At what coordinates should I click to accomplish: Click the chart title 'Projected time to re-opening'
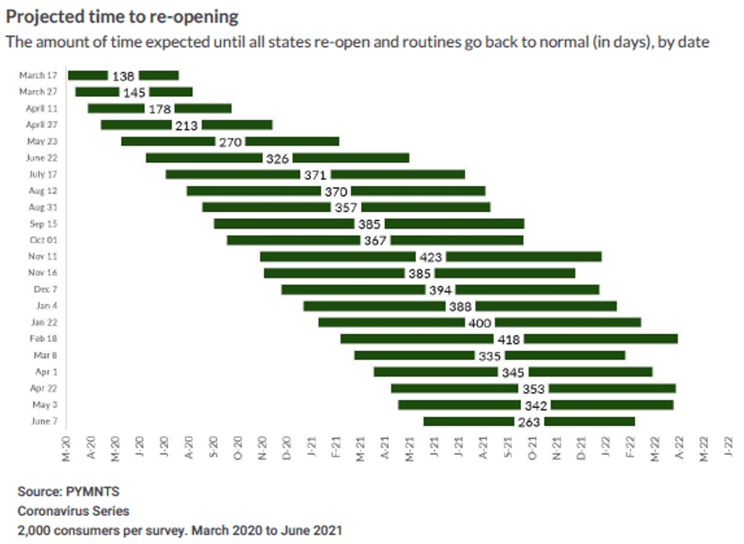[122, 16]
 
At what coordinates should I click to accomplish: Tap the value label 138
[123, 76]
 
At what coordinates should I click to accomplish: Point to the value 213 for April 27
[186, 125]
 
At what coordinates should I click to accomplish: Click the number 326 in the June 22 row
[277, 158]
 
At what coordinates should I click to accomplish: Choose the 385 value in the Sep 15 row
[369, 224]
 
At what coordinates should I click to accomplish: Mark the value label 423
[431, 257]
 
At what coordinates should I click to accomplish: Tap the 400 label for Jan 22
[479, 322]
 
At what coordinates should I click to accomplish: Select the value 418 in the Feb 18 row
[509, 339]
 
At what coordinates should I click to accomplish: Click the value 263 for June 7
[529, 422]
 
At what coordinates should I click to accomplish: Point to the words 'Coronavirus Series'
[73, 511]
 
